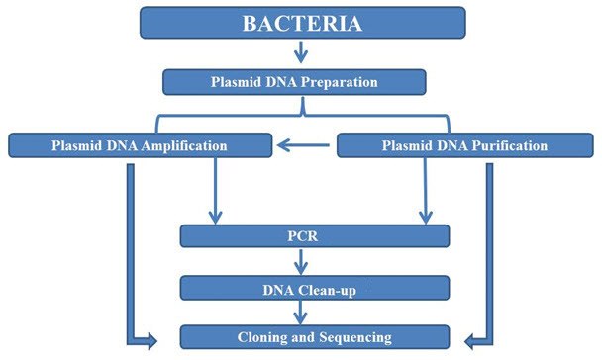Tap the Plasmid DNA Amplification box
[x=139, y=146]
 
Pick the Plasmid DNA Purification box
[x=464, y=146]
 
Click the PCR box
[x=314, y=236]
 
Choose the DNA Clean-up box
[x=314, y=287]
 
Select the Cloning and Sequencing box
[x=314, y=335]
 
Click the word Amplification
[x=183, y=146]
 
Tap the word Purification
[x=508, y=146]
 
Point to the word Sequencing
[x=354, y=335]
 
